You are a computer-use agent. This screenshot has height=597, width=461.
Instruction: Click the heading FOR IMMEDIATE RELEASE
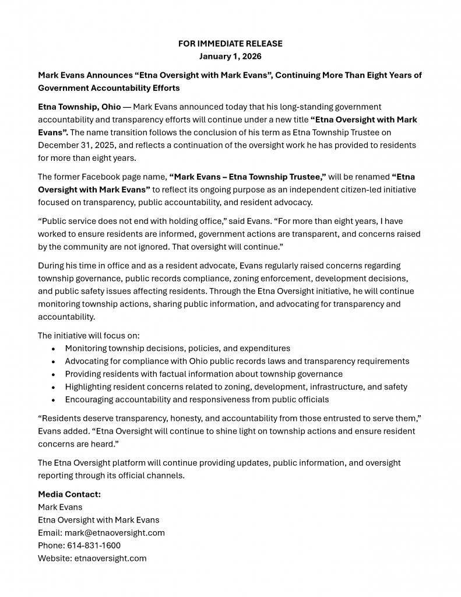click(230, 44)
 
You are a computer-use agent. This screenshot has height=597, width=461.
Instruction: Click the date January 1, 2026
click(230, 57)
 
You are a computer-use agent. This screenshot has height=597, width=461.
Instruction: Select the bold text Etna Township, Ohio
click(79, 107)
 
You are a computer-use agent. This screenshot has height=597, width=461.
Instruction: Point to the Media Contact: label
click(69, 494)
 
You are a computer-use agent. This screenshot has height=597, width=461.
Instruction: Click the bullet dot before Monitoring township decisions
click(53, 349)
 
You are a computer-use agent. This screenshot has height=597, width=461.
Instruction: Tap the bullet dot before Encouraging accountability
click(53, 400)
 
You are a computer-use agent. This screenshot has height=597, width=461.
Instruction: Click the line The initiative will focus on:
click(89, 335)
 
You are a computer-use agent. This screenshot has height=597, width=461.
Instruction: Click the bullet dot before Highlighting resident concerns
click(53, 387)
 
